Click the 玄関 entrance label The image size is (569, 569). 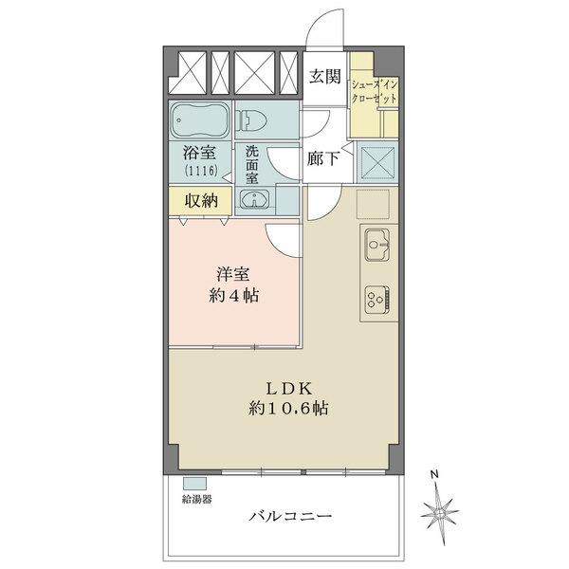(324, 77)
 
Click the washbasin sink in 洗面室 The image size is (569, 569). (254, 199)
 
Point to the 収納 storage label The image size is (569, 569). (202, 200)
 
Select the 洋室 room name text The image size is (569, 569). (233, 274)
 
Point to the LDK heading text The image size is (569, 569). (283, 388)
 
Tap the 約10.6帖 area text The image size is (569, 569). (283, 410)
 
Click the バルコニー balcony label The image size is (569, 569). (290, 516)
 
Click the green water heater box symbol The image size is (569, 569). (194, 483)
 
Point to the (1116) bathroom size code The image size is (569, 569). (201, 171)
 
